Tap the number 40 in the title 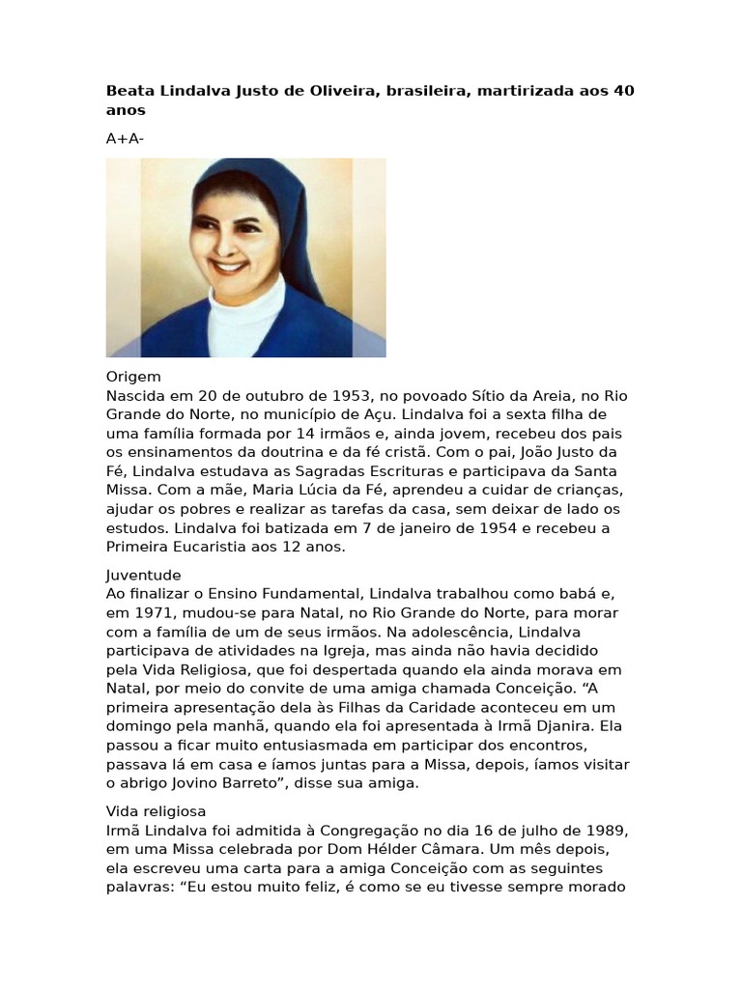pos(624,92)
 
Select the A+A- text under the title pos(126,138)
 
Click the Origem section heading pos(133,377)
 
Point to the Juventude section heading pos(144,575)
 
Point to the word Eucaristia pos(202,547)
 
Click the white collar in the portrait pos(249,319)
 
